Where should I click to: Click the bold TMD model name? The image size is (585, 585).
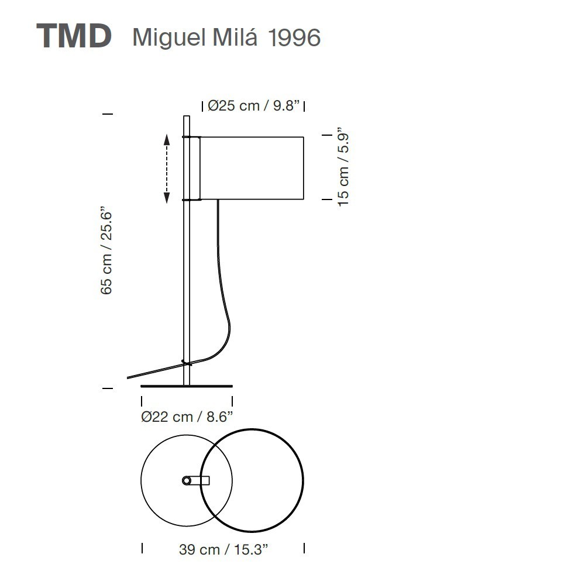pyautogui.click(x=74, y=36)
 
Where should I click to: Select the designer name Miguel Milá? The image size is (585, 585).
pyautogui.click(x=195, y=37)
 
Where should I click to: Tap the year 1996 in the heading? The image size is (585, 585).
pyautogui.click(x=294, y=37)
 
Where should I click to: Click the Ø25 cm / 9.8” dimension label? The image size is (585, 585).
pyautogui.click(x=254, y=105)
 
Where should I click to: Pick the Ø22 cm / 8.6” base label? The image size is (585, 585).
pyautogui.click(x=187, y=417)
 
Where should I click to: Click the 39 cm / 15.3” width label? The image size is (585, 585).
pyautogui.click(x=223, y=549)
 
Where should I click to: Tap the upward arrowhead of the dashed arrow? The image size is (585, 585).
pyautogui.click(x=167, y=140)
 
